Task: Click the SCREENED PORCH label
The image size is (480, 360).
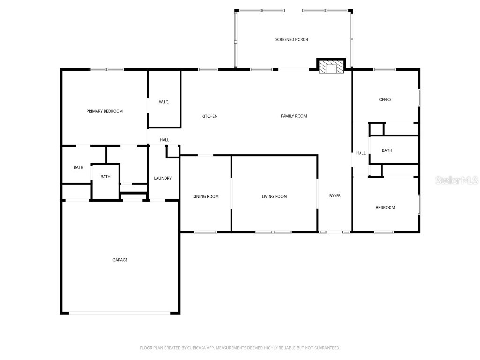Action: coord(292,40)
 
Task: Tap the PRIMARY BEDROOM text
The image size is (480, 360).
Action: coord(105,111)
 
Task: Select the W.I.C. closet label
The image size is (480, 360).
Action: coord(164,102)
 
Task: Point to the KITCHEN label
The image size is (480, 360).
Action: coord(210,116)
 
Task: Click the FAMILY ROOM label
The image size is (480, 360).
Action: coord(294,116)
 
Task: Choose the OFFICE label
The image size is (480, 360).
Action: coord(385,99)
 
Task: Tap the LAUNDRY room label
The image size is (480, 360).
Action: coord(163,178)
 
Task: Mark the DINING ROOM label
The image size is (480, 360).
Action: coord(206,196)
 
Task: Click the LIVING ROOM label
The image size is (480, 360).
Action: coord(274,196)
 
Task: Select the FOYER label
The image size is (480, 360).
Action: coord(335,195)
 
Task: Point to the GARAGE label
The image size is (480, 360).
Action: coord(120,260)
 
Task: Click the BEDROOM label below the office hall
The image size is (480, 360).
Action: coord(385,207)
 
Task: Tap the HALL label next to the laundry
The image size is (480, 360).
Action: coord(165,140)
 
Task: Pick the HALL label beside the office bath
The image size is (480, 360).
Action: coord(361,153)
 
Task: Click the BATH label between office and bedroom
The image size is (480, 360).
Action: coord(387,150)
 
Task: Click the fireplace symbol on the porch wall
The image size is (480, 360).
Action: coord(331,67)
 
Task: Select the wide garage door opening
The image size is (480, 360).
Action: coord(120,313)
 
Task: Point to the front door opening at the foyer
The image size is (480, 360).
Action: coord(335,232)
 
